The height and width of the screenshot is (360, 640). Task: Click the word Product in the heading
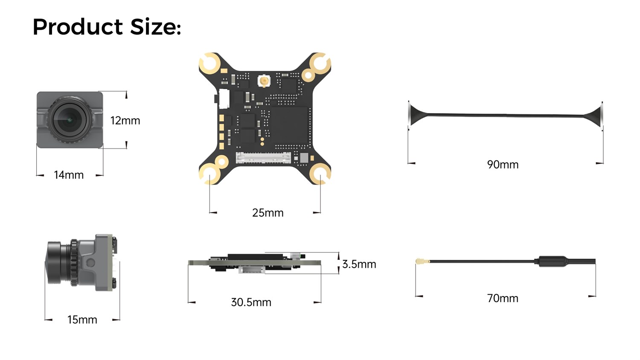78,27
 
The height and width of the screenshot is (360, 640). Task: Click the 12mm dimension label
125,121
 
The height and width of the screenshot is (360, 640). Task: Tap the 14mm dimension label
69,175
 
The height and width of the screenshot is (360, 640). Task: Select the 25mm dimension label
268,213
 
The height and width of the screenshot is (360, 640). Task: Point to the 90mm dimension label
503,165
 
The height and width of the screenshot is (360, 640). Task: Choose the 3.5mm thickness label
359,264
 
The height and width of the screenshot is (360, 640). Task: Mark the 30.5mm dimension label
251,302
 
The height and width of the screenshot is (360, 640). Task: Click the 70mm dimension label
503,299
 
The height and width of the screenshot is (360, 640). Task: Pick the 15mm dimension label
82,320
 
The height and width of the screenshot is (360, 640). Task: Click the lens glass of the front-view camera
69,119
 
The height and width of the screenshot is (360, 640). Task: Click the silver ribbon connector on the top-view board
263,158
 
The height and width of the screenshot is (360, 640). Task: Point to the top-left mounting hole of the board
209,63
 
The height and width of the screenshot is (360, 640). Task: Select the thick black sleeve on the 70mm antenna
553,261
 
